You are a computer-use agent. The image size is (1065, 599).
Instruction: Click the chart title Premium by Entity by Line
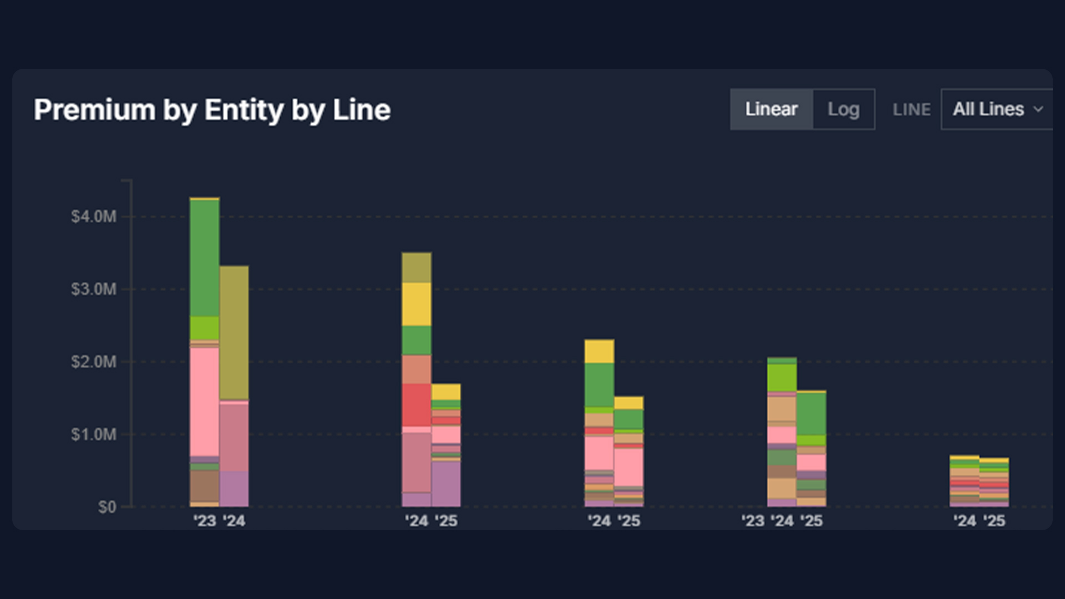click(212, 110)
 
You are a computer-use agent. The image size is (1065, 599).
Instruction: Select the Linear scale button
click(771, 109)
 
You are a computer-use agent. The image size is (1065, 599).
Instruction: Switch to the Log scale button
click(843, 109)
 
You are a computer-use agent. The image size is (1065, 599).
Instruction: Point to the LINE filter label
click(911, 110)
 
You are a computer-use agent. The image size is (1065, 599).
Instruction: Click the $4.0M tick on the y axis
click(94, 216)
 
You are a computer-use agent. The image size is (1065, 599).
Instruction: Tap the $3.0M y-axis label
click(94, 289)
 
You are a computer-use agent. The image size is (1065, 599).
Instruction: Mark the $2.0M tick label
click(94, 362)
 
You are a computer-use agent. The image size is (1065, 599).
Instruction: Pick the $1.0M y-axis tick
click(94, 434)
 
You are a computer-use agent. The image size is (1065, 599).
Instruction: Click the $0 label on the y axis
click(106, 507)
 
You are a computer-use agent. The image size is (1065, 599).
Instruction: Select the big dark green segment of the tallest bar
click(204, 258)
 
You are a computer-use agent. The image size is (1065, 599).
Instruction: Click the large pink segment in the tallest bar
click(204, 402)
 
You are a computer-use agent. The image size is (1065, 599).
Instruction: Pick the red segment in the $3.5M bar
click(417, 405)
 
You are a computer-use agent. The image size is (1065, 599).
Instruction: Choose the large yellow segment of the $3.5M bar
click(417, 304)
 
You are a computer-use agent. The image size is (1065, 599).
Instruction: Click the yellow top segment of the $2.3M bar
click(599, 351)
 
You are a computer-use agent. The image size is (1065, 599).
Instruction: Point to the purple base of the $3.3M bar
click(234, 489)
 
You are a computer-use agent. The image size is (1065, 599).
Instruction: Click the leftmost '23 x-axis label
click(204, 521)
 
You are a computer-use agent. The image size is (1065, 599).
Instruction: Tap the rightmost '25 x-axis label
click(994, 521)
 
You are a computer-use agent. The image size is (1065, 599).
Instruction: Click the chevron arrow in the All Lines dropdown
click(1038, 109)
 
